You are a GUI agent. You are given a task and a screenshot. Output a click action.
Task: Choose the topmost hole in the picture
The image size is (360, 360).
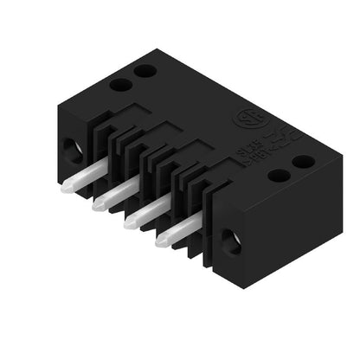[145, 70]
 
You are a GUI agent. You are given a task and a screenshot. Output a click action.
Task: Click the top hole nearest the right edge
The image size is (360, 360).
[303, 161]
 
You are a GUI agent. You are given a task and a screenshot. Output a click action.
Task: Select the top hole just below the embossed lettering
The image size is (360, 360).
[280, 175]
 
